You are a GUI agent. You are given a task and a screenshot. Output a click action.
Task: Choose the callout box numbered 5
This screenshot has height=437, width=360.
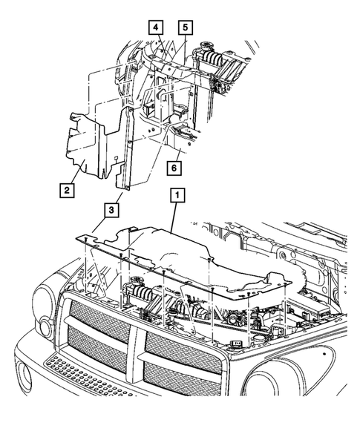(184, 27)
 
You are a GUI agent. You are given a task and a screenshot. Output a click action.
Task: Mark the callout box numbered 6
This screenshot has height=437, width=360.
(174, 168)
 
